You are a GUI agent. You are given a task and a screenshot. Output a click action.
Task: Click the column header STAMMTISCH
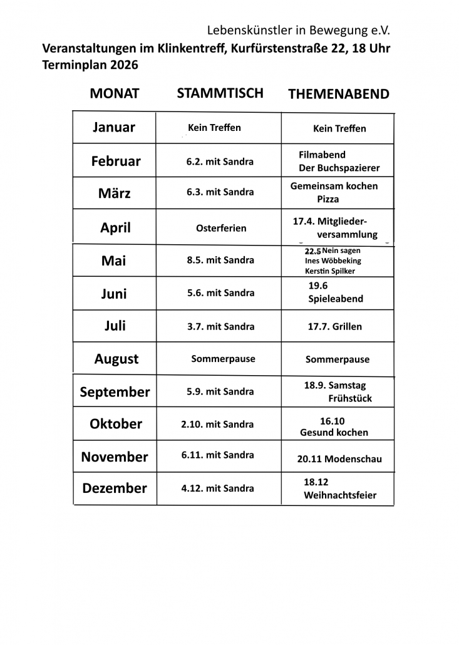[220, 93]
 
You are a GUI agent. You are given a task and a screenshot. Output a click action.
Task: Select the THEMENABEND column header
[338, 95]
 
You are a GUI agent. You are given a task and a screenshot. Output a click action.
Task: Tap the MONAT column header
[115, 93]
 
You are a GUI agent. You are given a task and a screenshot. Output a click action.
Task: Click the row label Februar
[116, 161]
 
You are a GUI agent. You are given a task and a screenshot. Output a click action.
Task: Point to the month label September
[115, 392]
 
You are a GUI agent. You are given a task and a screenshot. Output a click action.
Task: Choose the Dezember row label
[115, 488]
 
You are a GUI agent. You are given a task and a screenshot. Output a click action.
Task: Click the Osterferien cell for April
[221, 228]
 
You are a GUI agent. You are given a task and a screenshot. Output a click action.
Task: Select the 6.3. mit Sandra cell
[220, 192]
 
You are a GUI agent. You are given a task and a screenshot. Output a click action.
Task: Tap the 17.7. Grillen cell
[334, 326]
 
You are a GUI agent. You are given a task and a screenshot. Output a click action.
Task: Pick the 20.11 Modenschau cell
[339, 459]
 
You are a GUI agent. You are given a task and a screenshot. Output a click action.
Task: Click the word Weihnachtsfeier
[340, 495]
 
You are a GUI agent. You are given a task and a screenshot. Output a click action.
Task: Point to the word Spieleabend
[335, 299]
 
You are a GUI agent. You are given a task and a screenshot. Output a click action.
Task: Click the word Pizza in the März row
[327, 199]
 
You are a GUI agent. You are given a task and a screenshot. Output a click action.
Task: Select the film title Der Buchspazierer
[339, 168]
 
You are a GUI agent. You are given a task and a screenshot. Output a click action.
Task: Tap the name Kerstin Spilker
[330, 271]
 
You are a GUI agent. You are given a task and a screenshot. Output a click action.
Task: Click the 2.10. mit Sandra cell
[217, 424]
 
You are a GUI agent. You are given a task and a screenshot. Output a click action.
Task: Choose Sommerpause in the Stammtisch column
[223, 359]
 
